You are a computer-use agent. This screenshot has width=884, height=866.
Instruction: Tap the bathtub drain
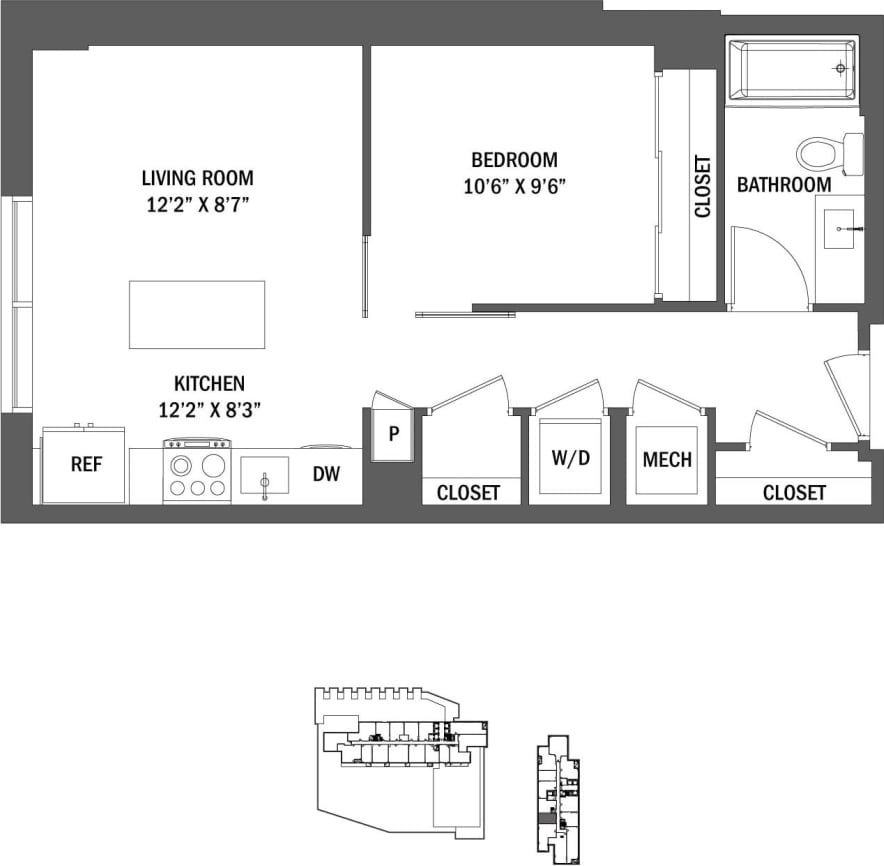839,68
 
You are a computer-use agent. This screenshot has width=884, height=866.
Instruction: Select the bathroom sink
838,229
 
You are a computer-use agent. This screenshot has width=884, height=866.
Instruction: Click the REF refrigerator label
84,465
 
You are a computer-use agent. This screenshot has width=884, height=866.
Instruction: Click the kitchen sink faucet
264,482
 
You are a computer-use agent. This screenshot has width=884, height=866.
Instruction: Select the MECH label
667,459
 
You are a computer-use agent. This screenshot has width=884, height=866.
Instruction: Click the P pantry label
394,434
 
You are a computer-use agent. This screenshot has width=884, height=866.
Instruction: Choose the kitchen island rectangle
197,314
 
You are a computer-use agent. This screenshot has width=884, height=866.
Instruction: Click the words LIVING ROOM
197,178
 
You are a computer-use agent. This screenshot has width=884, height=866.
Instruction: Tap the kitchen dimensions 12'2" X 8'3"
210,408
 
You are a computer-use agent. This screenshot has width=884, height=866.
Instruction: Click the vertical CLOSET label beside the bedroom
703,186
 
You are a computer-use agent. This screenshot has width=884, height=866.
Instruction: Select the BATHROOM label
784,185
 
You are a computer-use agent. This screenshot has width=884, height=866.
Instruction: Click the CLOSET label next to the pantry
468,493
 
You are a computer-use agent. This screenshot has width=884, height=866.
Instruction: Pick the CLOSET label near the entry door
794,492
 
